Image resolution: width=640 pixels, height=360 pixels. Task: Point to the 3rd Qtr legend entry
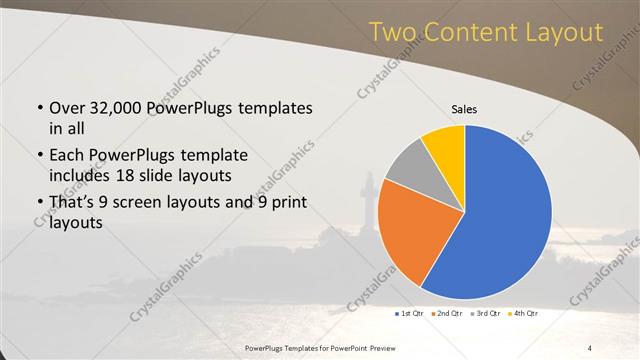pos(490,315)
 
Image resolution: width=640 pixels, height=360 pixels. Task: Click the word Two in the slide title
pos(393,34)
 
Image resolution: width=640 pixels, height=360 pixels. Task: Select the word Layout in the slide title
pos(568,34)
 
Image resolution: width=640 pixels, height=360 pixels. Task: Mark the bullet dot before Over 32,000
pos(38,109)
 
